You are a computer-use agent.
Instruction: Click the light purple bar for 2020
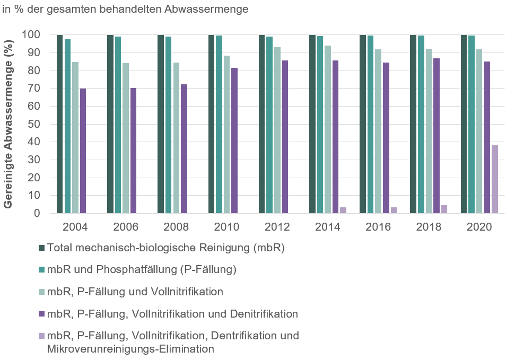tap(494, 179)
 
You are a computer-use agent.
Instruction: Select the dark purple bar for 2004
tap(83, 151)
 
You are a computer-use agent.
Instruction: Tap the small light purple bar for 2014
tap(343, 210)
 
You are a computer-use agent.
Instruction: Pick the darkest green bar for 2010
tap(211, 124)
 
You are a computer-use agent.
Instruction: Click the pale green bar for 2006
tap(126, 138)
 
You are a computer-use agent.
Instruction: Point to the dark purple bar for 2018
tap(436, 136)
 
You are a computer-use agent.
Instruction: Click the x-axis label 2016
tap(378, 227)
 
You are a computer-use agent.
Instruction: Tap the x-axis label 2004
tap(75, 227)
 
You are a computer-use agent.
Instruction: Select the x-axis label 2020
tap(479, 227)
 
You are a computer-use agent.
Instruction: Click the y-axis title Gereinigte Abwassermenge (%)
tap(10, 124)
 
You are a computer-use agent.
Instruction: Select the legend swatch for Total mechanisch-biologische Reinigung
tap(41, 248)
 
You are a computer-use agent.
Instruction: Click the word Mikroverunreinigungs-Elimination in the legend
tap(131, 349)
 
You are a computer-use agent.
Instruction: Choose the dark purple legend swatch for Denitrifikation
tap(41, 314)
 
